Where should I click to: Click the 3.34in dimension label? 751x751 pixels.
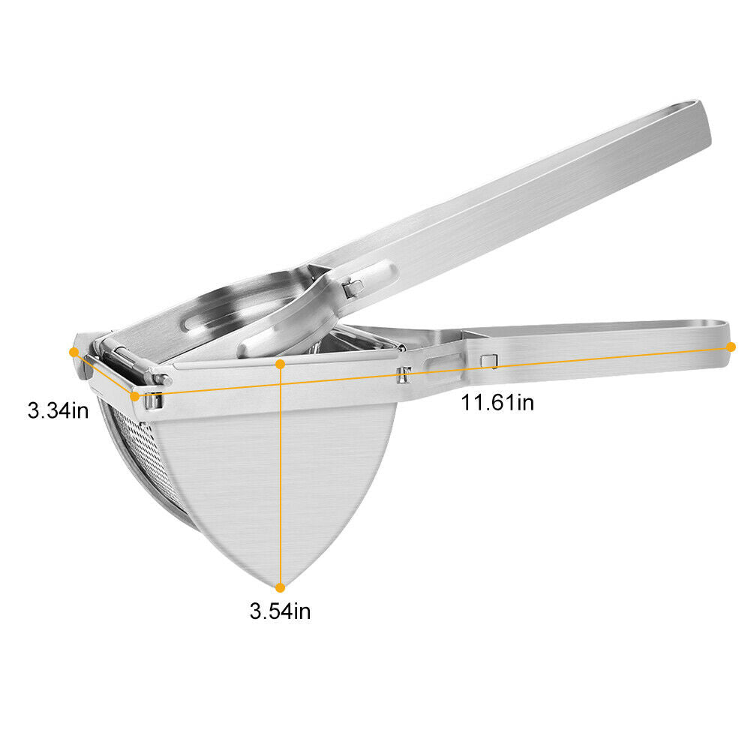pyautogui.click(x=58, y=410)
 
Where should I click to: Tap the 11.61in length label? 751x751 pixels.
pyautogui.click(x=497, y=402)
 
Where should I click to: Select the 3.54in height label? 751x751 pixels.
pyautogui.click(x=280, y=611)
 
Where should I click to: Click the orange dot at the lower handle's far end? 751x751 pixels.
pyautogui.click(x=731, y=347)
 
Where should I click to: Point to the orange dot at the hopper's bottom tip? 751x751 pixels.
pyautogui.click(x=280, y=587)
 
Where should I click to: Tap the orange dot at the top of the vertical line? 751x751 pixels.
pyautogui.click(x=280, y=365)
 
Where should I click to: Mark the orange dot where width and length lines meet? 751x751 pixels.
pyautogui.click(x=134, y=396)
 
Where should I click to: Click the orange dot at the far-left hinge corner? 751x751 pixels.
pyautogui.click(x=74, y=353)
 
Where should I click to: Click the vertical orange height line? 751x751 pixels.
pyautogui.click(x=280, y=476)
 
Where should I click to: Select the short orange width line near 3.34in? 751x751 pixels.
pyautogui.click(x=104, y=374)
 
